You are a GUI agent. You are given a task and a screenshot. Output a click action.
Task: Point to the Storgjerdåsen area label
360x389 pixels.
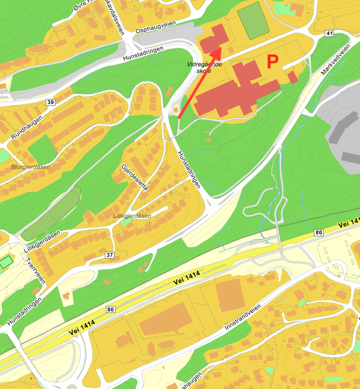(30, 167)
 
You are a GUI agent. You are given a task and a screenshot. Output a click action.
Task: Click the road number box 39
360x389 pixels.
(50, 102)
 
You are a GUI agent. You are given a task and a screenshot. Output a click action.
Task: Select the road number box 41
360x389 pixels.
(329, 34)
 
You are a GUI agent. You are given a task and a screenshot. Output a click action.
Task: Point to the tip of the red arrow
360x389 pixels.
(220, 48)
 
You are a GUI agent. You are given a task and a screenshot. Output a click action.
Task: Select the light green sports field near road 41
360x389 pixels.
(253, 21)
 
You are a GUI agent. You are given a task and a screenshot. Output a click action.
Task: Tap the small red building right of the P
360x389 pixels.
(292, 77)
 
